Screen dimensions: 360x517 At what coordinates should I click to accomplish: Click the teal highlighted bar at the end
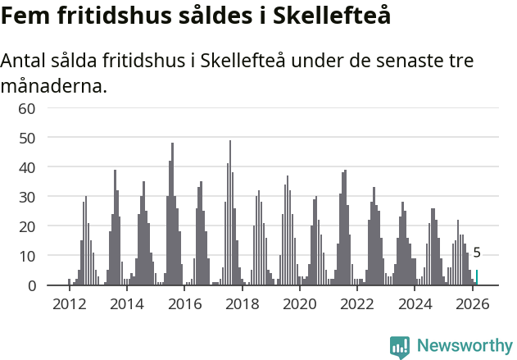pyautogui.click(x=477, y=278)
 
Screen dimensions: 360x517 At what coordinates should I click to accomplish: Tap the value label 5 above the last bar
pyautogui.click(x=477, y=253)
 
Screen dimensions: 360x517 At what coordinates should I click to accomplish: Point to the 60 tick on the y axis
pyautogui.click(x=26, y=108)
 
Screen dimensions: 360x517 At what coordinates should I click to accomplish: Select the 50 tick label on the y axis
pyautogui.click(x=26, y=138)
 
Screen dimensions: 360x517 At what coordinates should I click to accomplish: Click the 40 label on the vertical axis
pyautogui.click(x=26, y=167)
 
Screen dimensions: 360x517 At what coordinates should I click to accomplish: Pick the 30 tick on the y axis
pyautogui.click(x=26, y=197)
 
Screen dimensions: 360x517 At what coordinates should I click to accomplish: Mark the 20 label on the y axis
pyautogui.click(x=26, y=226)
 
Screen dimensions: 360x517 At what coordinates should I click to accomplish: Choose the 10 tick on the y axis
pyautogui.click(x=26, y=256)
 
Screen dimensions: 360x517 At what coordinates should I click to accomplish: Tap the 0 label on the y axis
pyautogui.click(x=31, y=285)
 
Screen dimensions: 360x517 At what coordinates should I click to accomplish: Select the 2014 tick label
pyautogui.click(x=126, y=303)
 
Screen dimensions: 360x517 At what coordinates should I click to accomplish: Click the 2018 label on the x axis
pyautogui.click(x=242, y=303)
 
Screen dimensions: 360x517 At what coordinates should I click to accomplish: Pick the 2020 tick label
pyautogui.click(x=299, y=303)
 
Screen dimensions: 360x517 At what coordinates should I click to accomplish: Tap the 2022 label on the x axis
pyautogui.click(x=357, y=303)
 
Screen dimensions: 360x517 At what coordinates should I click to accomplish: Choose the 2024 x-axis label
pyautogui.click(x=415, y=303)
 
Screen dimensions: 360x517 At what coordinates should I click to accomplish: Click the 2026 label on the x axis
pyautogui.click(x=473, y=303)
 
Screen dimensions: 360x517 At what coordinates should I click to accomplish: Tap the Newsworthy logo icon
pyautogui.click(x=400, y=346)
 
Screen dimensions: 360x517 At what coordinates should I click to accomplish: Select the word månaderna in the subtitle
pyautogui.click(x=53, y=85)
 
